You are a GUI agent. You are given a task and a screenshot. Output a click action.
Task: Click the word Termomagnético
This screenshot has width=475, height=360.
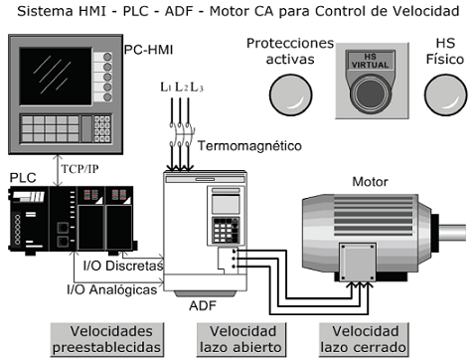(x=249, y=145)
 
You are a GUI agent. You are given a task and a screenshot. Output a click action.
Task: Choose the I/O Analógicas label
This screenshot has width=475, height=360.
(x=111, y=289)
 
